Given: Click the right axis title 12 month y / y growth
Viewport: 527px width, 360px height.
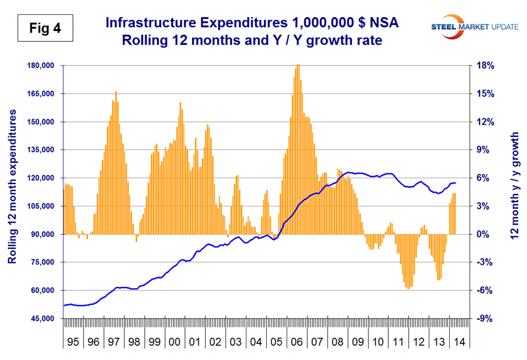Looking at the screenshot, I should (x=514, y=186).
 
